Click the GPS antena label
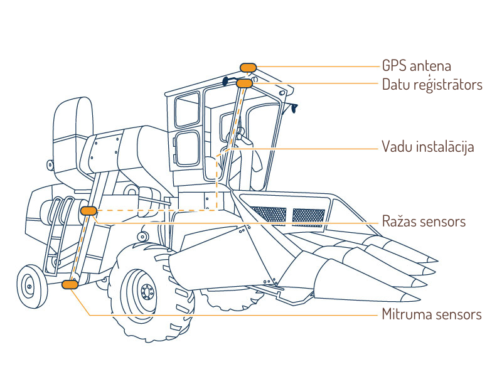[x=416, y=66]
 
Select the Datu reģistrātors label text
[x=432, y=84]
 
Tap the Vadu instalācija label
[x=427, y=147]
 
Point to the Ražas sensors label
[x=424, y=221]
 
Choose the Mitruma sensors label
[x=432, y=314]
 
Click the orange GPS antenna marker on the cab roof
[x=248, y=67]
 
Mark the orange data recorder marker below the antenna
[x=244, y=83]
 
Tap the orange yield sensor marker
[x=88, y=211]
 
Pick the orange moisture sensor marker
[x=70, y=285]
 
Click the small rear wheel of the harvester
[x=28, y=285]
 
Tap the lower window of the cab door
[x=188, y=149]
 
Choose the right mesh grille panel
[x=310, y=216]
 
